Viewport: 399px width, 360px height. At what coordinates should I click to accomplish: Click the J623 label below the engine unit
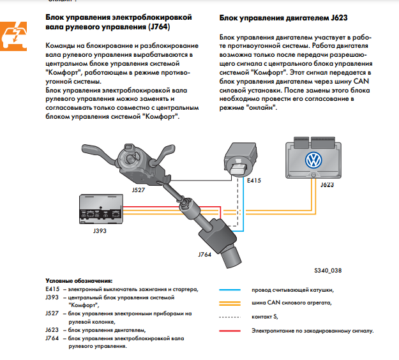click(x=326, y=185)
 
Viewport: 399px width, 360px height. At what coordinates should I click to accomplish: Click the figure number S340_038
click(x=327, y=271)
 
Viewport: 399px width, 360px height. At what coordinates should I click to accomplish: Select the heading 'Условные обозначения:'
click(x=79, y=281)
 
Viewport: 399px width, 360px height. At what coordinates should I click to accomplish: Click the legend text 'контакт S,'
click(x=265, y=317)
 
